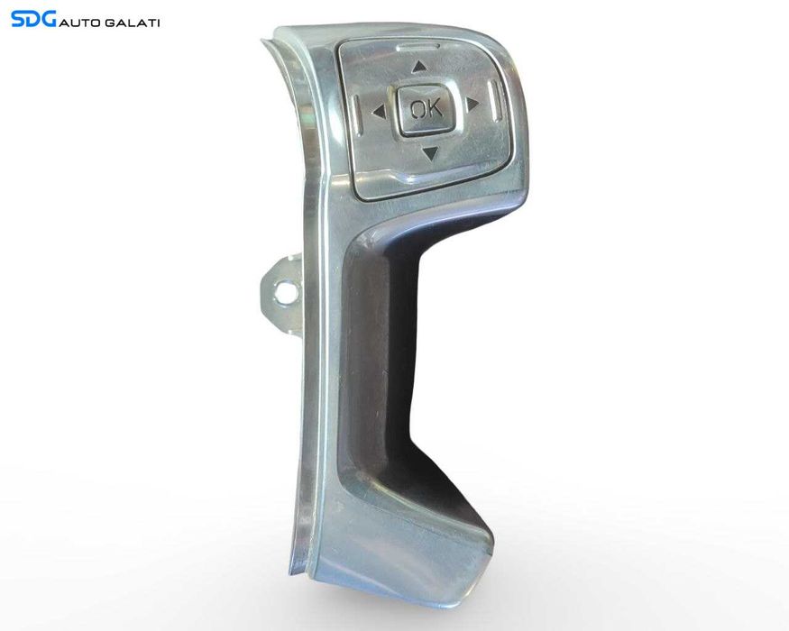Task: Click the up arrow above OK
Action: [419, 67]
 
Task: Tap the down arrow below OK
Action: [431, 153]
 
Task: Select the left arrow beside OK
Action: [379, 112]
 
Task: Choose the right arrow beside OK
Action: [472, 105]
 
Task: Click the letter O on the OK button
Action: [417, 109]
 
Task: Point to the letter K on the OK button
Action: [434, 107]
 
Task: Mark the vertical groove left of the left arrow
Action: [357, 114]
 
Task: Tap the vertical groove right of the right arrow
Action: [496, 101]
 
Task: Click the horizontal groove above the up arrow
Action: [418, 48]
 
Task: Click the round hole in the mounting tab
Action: [285, 293]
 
